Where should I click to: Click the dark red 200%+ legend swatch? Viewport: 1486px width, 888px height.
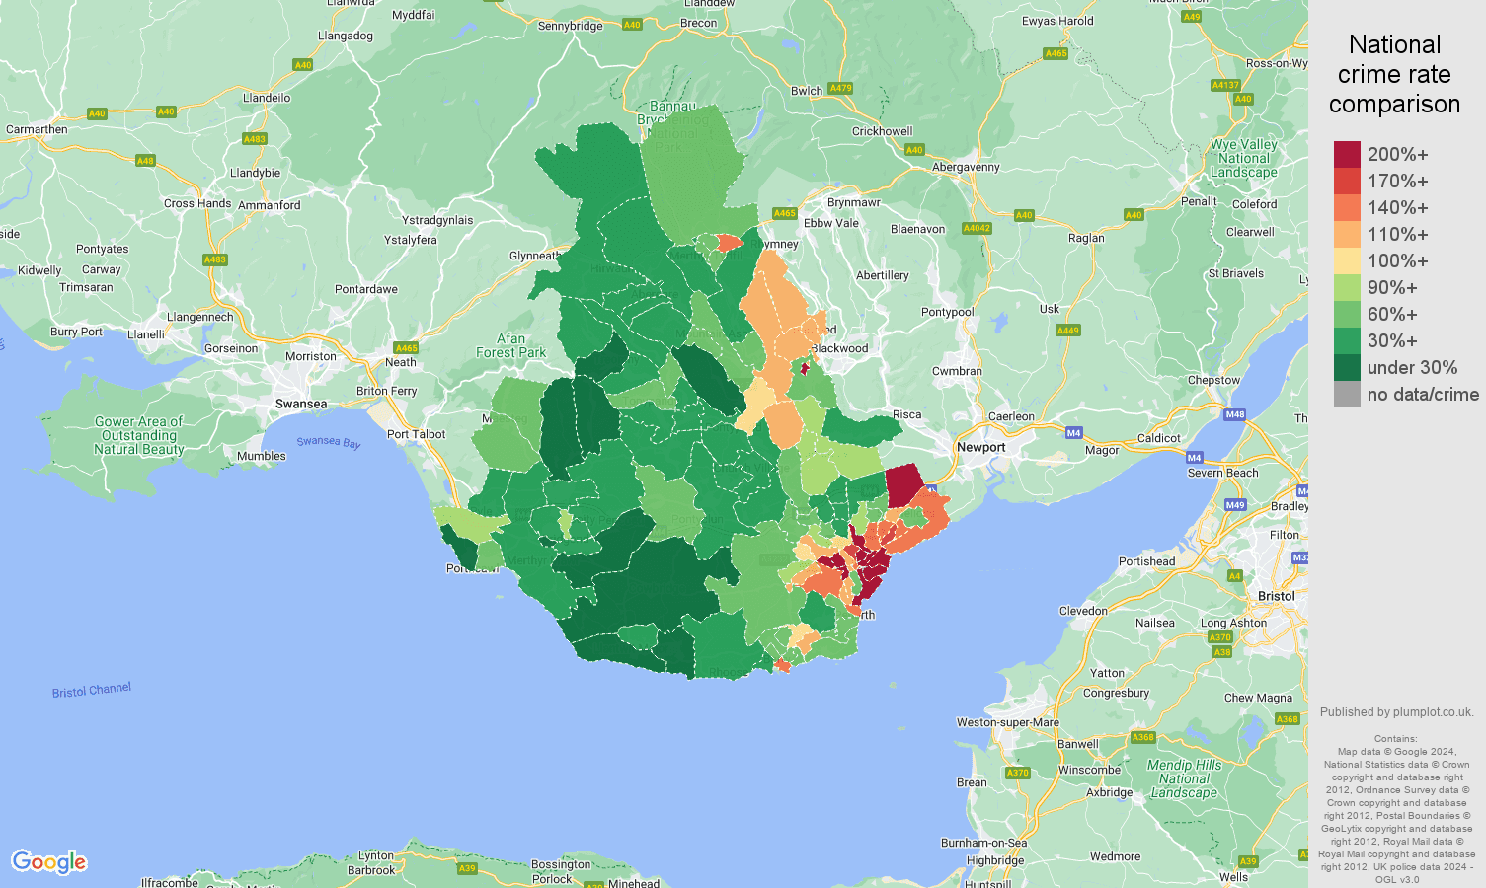pos(1347,154)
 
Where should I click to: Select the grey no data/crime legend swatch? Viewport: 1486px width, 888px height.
pos(1347,395)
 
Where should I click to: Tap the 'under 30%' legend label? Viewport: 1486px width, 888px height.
pos(1412,367)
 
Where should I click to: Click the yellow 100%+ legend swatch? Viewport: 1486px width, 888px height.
pos(1347,260)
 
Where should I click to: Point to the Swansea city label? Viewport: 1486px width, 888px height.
pos(301,404)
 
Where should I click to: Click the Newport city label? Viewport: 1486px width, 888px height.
pos(980,447)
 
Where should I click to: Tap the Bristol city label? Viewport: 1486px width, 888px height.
pos(1276,596)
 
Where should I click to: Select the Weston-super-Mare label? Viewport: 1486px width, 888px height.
pos(1007,722)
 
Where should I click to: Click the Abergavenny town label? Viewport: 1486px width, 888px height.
pos(966,167)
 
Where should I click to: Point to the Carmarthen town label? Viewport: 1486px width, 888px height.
pos(37,129)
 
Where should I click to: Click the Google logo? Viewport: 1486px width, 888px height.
pos(49,862)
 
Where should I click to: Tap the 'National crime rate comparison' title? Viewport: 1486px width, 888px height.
pos(1394,74)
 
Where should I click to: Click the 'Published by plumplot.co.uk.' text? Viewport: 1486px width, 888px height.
pos(1396,711)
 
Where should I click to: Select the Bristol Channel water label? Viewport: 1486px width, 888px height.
pos(91,690)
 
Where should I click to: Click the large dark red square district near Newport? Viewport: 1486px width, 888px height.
pos(903,485)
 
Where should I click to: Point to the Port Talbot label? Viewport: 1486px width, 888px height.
pos(416,434)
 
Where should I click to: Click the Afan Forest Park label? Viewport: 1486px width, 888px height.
pos(510,345)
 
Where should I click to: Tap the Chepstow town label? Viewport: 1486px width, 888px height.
pos(1213,380)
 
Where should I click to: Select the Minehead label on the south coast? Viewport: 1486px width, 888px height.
pos(633,883)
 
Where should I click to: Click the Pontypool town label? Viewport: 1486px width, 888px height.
pos(947,312)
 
